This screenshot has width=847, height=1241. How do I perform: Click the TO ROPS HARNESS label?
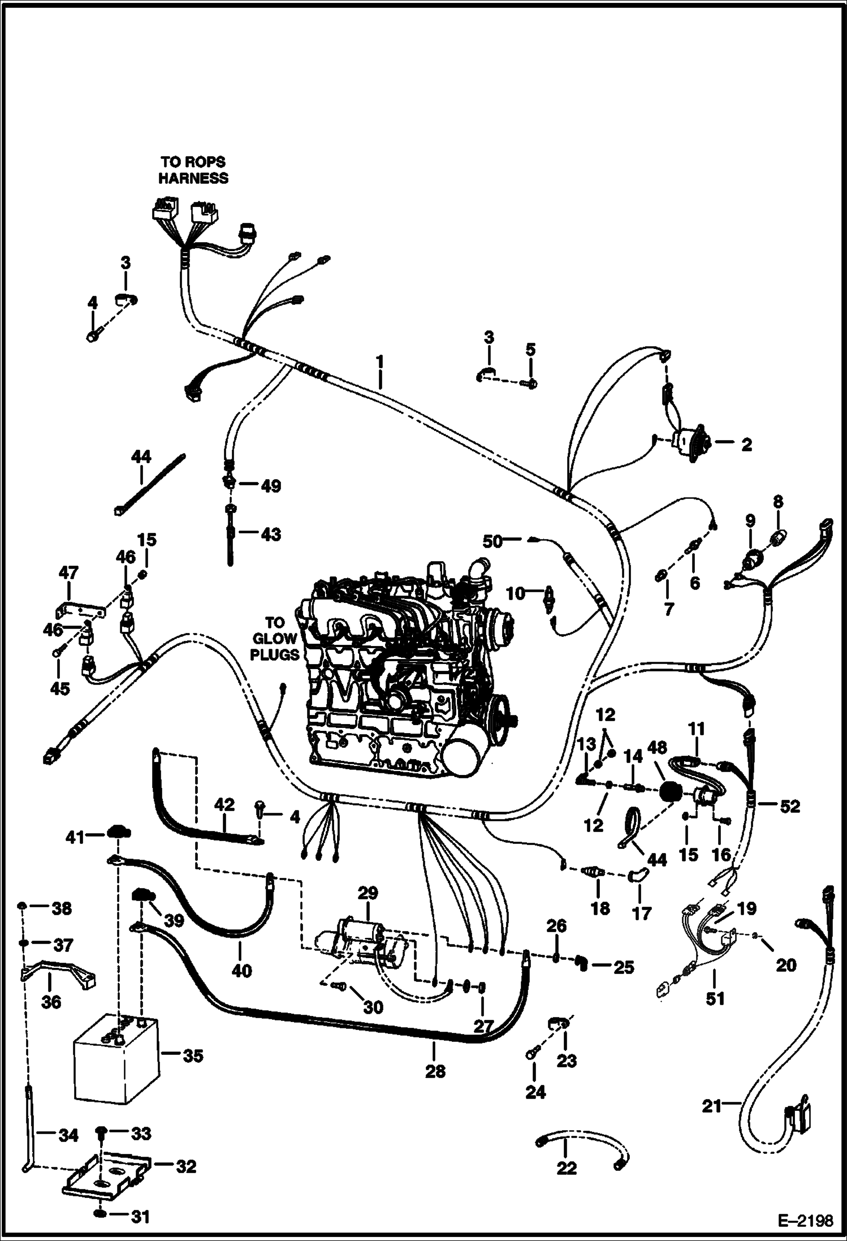(193, 170)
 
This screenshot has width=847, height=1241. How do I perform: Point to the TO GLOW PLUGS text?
(275, 639)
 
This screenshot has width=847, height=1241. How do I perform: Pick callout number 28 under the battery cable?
(435, 1071)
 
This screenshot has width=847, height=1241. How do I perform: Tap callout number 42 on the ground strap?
(224, 804)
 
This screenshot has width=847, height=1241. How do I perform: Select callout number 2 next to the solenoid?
(747, 445)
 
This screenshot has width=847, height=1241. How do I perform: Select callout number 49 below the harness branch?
(271, 486)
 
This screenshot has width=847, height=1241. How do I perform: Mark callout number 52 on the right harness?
(789, 806)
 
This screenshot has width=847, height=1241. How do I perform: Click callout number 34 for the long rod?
(68, 1134)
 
